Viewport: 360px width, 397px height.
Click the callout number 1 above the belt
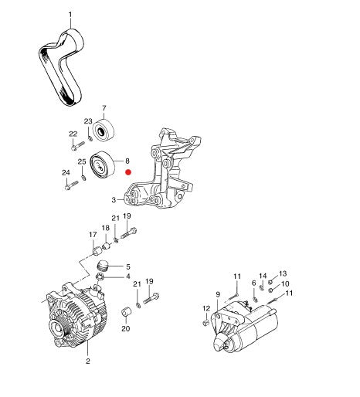point(70,15)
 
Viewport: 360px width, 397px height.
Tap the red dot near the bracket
point(128,172)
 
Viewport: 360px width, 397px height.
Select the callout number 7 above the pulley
point(104,108)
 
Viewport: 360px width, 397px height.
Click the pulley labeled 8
point(102,165)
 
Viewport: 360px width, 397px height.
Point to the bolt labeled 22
point(77,146)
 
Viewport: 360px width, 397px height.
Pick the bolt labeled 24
point(71,185)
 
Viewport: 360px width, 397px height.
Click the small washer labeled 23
point(90,139)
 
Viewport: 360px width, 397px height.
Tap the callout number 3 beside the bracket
point(114,200)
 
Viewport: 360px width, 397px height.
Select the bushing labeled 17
point(97,251)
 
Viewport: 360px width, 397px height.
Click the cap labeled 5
point(104,266)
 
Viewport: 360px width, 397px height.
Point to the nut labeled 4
point(100,277)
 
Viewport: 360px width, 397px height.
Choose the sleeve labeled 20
point(126,312)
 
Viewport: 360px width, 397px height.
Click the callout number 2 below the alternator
point(88,361)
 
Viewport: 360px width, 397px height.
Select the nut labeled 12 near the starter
point(205,323)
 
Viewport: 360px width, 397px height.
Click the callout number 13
point(283,273)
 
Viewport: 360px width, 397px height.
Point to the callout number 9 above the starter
point(218,294)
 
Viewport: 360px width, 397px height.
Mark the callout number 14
point(263,276)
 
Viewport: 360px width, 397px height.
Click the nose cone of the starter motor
point(220,341)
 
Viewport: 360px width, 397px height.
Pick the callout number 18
point(106,228)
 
